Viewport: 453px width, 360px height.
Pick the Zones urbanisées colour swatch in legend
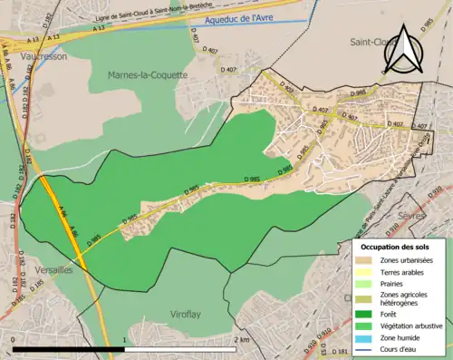[x=368, y=259]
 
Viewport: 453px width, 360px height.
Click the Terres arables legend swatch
[x=368, y=271]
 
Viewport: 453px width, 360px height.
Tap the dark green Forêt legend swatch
[x=368, y=314]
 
